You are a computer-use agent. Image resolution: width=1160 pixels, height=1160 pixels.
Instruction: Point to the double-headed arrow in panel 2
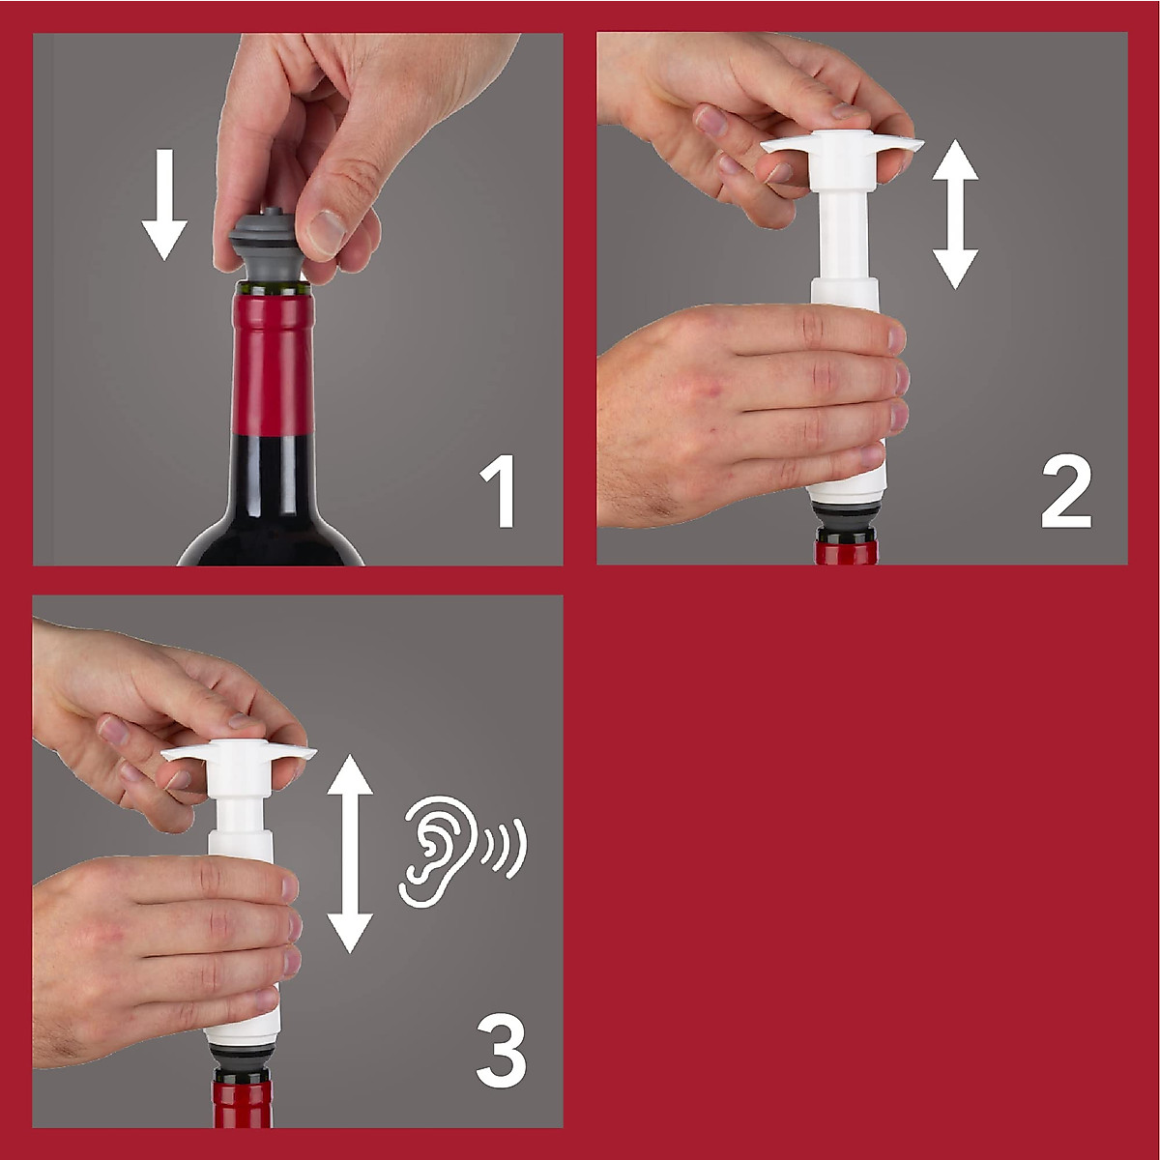point(955,214)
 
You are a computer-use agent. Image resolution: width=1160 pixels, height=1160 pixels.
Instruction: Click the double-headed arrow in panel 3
point(350,855)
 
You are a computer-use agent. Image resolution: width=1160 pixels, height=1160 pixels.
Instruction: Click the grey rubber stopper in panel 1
point(267,246)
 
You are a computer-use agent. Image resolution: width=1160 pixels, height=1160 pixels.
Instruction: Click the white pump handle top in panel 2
point(841,145)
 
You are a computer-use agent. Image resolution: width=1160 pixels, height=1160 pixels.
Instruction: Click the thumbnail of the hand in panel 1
point(328,231)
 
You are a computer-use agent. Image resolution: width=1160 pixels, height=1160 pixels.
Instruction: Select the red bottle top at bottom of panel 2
point(847,552)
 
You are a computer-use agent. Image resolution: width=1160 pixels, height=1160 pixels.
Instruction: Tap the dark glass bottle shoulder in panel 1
point(271,527)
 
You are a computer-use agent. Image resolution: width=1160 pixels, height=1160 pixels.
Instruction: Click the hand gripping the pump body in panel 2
point(744,406)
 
